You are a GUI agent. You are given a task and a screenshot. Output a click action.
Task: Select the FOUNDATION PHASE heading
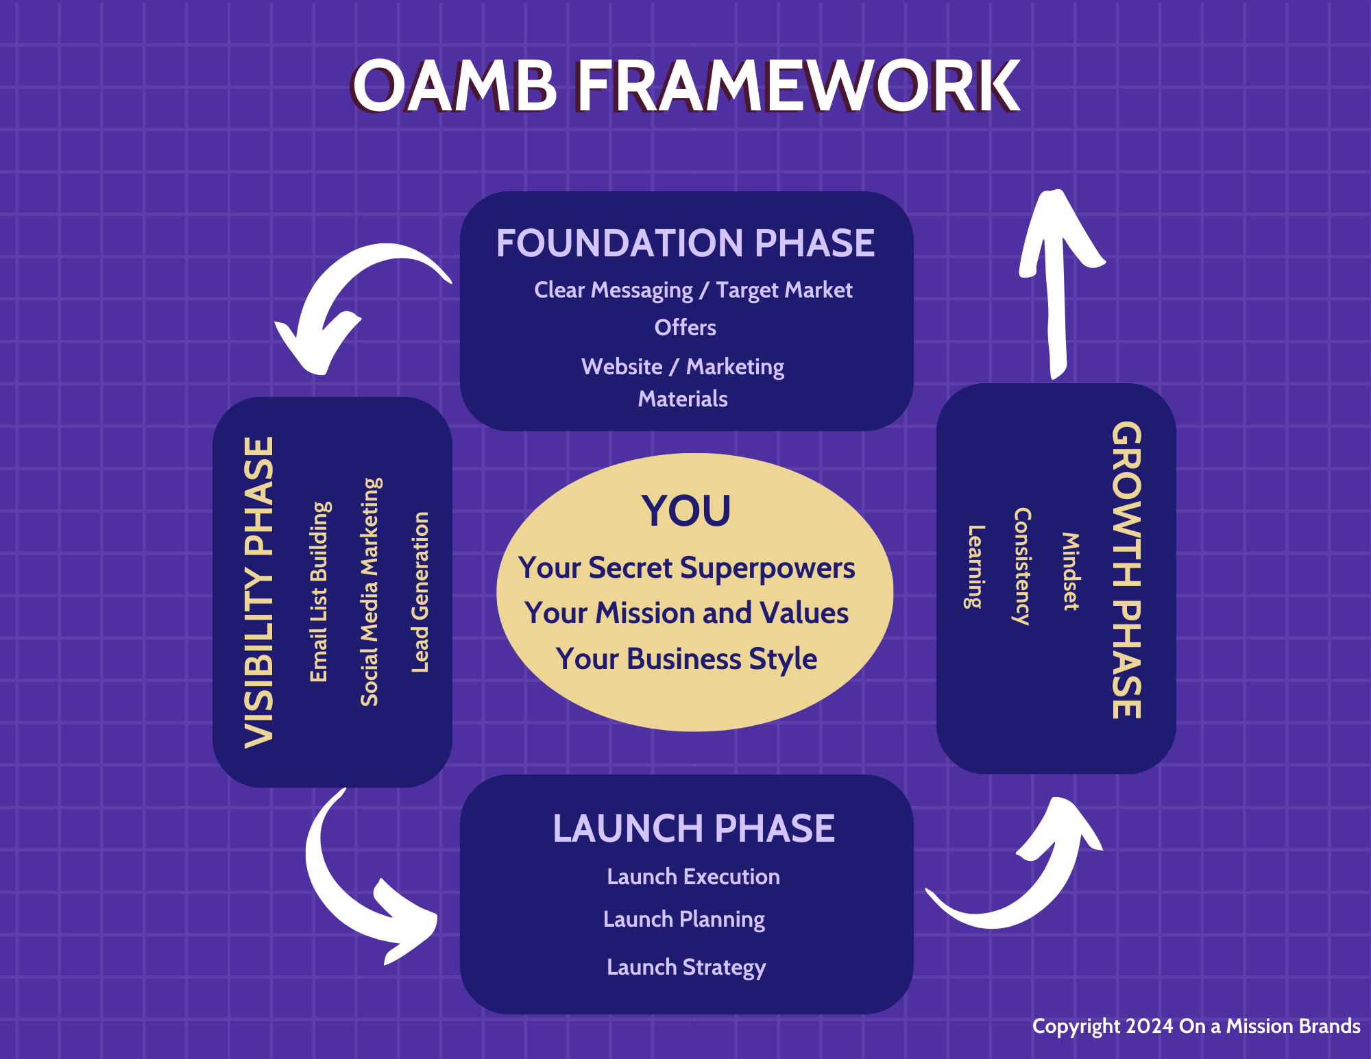pyautogui.click(x=685, y=243)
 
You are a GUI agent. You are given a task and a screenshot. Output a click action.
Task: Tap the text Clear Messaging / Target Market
pyautogui.click(x=693, y=290)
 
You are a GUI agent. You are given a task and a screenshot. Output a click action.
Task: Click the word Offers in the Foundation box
pyautogui.click(x=685, y=328)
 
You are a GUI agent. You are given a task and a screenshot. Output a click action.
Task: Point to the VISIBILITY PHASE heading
pyautogui.click(x=260, y=592)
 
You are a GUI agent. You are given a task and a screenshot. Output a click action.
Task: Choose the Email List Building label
pyautogui.click(x=319, y=592)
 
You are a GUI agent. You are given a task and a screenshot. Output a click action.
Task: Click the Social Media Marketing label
pyautogui.click(x=370, y=592)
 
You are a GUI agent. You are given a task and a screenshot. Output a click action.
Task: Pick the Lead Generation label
pyautogui.click(x=420, y=592)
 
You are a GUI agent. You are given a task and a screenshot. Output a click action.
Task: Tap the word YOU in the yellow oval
pyautogui.click(x=686, y=511)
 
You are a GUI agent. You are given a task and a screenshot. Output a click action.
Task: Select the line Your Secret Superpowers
pyautogui.click(x=686, y=568)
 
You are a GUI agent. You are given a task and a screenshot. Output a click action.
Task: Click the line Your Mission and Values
pyautogui.click(x=686, y=613)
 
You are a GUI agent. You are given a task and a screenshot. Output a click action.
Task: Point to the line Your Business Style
pyautogui.click(x=686, y=659)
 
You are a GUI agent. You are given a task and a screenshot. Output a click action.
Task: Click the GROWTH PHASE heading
pyautogui.click(x=1126, y=570)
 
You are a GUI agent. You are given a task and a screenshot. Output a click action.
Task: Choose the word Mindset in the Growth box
pyautogui.click(x=1070, y=572)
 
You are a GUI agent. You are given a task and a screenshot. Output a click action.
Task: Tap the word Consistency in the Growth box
pyautogui.click(x=1022, y=567)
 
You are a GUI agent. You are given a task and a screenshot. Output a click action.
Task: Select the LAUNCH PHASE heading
pyautogui.click(x=693, y=829)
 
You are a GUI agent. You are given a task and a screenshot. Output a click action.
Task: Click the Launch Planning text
pyautogui.click(x=684, y=919)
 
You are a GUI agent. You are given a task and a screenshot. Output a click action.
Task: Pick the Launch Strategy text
pyautogui.click(x=686, y=967)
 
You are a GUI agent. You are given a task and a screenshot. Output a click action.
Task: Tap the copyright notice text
pyautogui.click(x=1196, y=1026)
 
